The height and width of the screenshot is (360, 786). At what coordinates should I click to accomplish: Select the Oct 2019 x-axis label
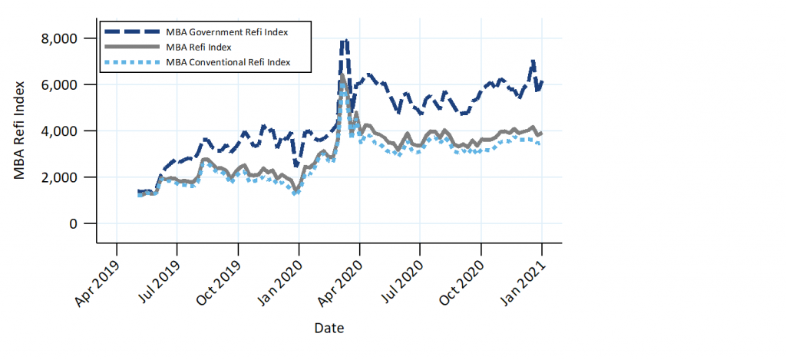(x=219, y=282)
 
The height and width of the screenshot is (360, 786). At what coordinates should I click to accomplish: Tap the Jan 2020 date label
(x=280, y=282)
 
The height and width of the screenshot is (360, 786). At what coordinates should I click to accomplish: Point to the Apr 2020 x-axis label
(x=341, y=282)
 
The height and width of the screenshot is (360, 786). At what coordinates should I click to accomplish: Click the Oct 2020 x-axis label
(x=462, y=282)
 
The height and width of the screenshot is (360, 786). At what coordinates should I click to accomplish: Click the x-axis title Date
(x=329, y=329)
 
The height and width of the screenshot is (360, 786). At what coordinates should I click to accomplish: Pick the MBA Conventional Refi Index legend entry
(x=228, y=62)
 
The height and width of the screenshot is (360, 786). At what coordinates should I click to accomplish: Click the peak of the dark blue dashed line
(x=345, y=41)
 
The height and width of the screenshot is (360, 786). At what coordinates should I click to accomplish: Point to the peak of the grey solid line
(x=342, y=77)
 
